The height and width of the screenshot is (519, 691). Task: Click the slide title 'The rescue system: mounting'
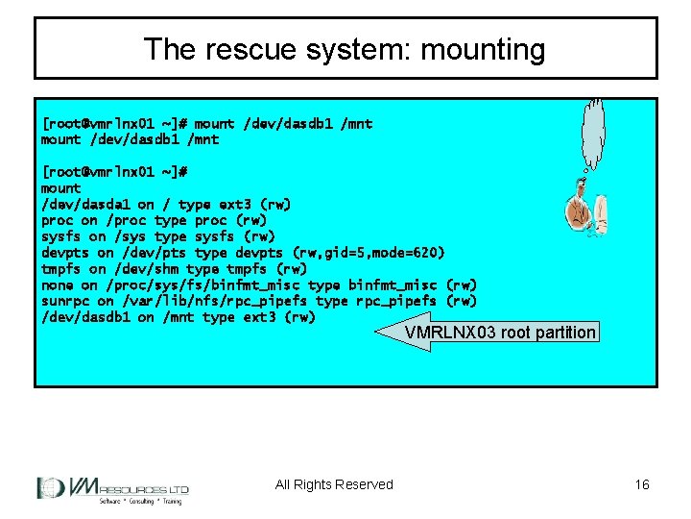click(345, 49)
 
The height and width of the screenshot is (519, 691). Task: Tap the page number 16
click(642, 484)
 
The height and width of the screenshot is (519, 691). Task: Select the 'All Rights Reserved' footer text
click(334, 484)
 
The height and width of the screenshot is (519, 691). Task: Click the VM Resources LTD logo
click(112, 489)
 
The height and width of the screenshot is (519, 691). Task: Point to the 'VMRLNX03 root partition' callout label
click(499, 333)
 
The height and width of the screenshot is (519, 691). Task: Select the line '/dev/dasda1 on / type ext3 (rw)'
click(165, 204)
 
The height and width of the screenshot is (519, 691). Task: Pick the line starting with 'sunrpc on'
click(258, 301)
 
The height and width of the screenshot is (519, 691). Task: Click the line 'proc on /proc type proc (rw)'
click(154, 220)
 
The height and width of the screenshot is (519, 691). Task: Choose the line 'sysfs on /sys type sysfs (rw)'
click(157, 236)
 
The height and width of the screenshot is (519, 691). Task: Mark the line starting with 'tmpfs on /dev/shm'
click(174, 269)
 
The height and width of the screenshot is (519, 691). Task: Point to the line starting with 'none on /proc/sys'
click(258, 284)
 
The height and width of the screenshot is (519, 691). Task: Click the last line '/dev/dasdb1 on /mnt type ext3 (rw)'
click(178, 317)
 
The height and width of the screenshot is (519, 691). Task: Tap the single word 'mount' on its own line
click(61, 188)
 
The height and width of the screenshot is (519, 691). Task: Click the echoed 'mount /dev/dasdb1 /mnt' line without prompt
click(130, 139)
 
